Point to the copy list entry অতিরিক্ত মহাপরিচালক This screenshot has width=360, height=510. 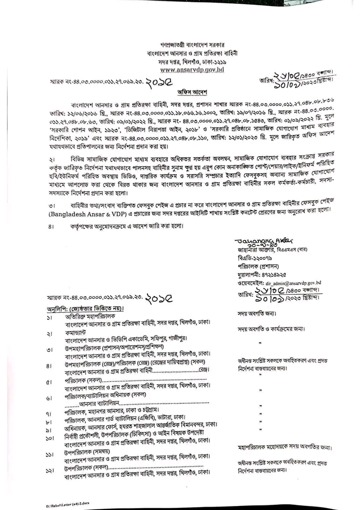pyautogui.click(x=90, y=317)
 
